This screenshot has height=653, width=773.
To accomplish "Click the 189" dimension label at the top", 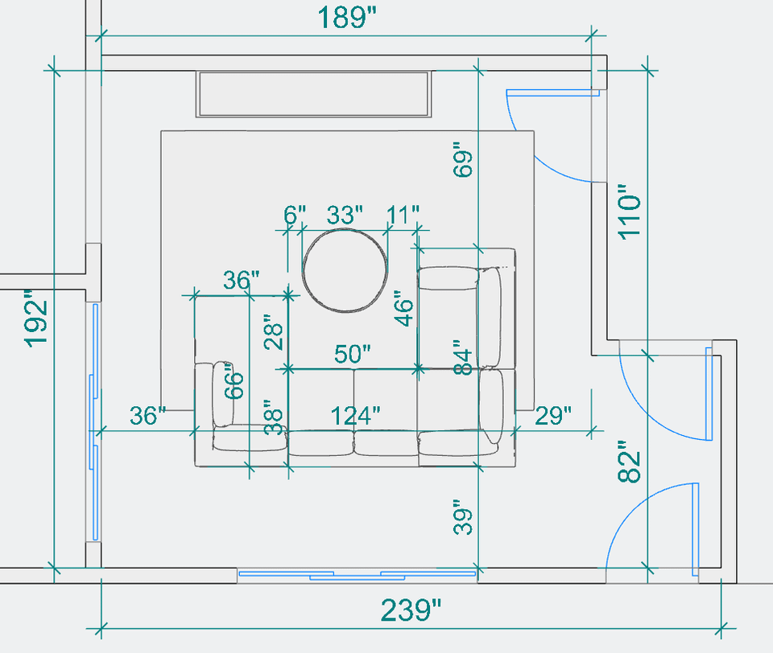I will [347, 17].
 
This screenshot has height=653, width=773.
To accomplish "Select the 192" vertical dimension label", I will [37, 318].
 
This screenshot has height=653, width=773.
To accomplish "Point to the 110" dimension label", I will [630, 210].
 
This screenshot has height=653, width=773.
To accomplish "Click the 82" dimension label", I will [630, 462].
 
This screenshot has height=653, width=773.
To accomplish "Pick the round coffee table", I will [345, 270].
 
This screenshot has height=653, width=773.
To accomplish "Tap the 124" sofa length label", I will [355, 416].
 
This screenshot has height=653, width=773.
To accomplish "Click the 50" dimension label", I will [352, 355].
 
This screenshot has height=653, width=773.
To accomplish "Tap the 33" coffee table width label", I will [345, 216].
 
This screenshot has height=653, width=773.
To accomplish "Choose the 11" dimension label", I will [403, 216].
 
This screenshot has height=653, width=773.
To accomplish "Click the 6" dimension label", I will [296, 216].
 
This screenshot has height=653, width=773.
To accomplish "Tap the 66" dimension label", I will [232, 384].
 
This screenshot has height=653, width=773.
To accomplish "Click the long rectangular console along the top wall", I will [314, 94].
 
